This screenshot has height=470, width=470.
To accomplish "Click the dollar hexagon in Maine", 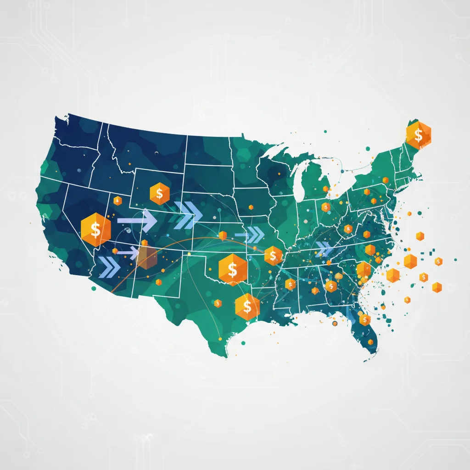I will (x=418, y=135).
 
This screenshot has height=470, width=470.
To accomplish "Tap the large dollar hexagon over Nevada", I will (x=95, y=229).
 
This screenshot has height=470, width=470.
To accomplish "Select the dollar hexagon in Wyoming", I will (x=159, y=194).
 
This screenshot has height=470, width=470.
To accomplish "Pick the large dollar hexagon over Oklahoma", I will (x=232, y=269).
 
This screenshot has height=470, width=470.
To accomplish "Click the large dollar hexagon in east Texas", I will (x=247, y=306).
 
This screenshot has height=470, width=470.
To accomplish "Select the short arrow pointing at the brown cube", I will (x=128, y=252).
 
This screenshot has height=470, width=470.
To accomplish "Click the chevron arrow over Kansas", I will (x=251, y=235).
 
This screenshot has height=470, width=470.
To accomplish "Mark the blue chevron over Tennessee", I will (x=324, y=249).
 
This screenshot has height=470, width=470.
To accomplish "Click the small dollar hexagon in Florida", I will (x=365, y=319).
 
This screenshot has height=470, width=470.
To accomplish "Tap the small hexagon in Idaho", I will (x=117, y=200).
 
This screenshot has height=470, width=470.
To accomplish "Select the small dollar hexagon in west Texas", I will (x=217, y=303).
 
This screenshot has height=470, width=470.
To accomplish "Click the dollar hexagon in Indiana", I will (x=325, y=207).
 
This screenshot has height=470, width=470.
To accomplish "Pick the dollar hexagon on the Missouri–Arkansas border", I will (x=273, y=255).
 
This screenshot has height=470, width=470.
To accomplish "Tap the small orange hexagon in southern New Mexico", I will (x=158, y=282).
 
